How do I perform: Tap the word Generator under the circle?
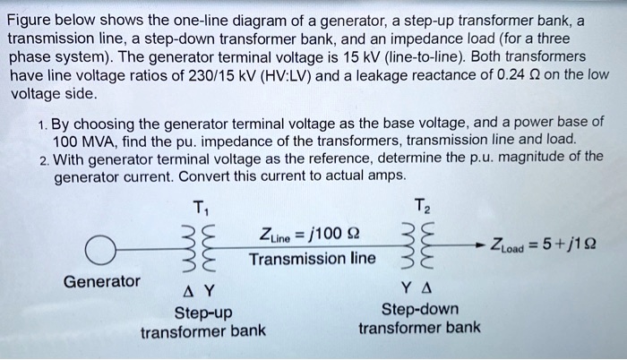tap(101, 281)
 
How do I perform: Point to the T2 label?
tap(422, 206)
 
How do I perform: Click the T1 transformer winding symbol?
tap(200, 249)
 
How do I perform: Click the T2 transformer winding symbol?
tap(418, 244)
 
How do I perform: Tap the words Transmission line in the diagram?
tap(313, 259)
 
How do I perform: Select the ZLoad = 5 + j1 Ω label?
tap(544, 244)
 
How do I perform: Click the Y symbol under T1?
tap(209, 291)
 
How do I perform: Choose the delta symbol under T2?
tap(426, 287)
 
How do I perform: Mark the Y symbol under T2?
tap(407, 287)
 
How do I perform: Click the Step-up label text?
tap(203, 313)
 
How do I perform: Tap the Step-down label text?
tap(420, 310)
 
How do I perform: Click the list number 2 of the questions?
tap(44, 161)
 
